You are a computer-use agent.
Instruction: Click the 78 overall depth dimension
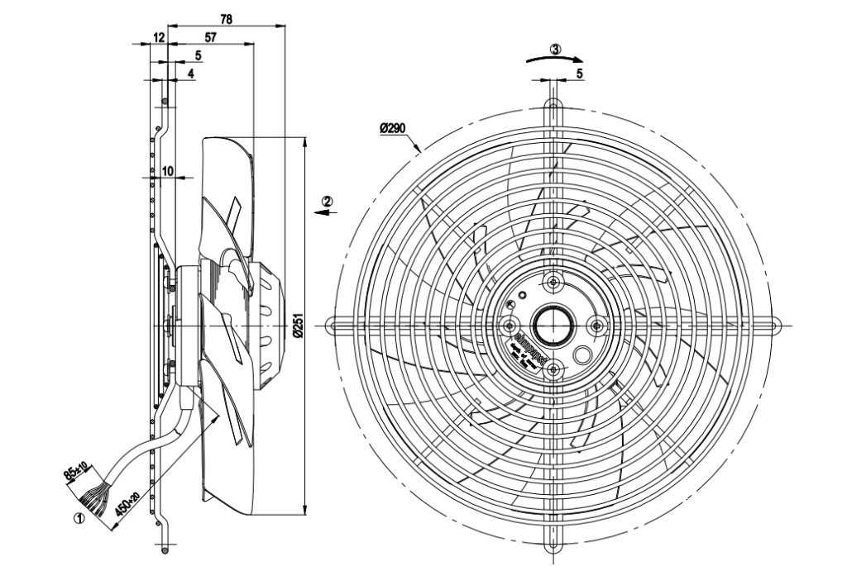click(x=225, y=17)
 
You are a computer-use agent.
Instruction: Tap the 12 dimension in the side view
click(x=158, y=37)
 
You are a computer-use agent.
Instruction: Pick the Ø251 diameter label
click(x=299, y=328)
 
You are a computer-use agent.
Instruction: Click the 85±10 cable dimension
click(x=79, y=473)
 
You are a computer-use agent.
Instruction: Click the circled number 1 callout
click(x=79, y=520)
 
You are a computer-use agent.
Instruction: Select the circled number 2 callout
click(x=328, y=201)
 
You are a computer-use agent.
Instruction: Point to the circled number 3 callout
click(x=555, y=49)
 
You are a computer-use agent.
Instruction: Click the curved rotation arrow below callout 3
click(x=555, y=59)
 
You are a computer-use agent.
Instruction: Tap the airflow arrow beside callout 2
click(x=328, y=212)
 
